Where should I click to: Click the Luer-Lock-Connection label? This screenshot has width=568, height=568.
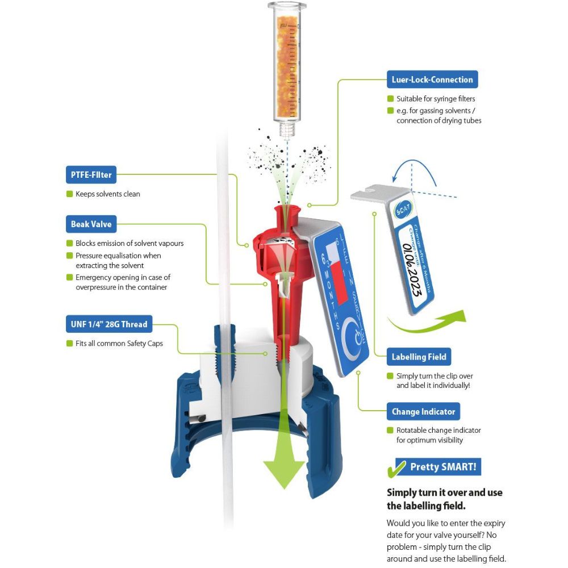click(432, 80)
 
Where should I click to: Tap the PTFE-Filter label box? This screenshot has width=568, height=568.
click(91, 175)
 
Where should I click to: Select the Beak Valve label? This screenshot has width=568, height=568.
click(91, 224)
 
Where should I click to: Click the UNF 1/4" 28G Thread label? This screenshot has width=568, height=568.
click(109, 325)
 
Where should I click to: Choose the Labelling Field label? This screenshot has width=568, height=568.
click(419, 357)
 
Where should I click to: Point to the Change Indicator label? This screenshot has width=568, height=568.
click(423, 412)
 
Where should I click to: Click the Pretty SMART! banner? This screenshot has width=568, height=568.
click(443, 467)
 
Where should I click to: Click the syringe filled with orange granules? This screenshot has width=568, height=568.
click(287, 68)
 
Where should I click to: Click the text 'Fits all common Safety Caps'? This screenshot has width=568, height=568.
click(119, 344)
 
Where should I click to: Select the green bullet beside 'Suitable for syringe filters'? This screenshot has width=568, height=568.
click(390, 99)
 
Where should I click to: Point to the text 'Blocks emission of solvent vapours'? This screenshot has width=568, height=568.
click(130, 244)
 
